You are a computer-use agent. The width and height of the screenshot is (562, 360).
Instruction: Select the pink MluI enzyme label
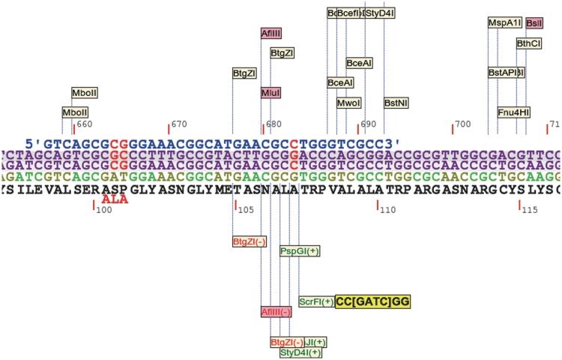(271, 92)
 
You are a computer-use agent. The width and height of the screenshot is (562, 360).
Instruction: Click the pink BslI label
(534, 23)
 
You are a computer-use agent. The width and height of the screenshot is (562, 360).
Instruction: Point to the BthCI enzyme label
(528, 43)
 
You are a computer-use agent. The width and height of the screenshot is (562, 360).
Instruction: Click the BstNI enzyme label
(396, 102)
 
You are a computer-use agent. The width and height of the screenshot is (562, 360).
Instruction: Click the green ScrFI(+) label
(315, 301)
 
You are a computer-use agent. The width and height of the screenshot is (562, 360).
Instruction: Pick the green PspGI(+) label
(300, 250)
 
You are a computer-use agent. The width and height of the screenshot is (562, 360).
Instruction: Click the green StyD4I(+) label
(300, 352)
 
